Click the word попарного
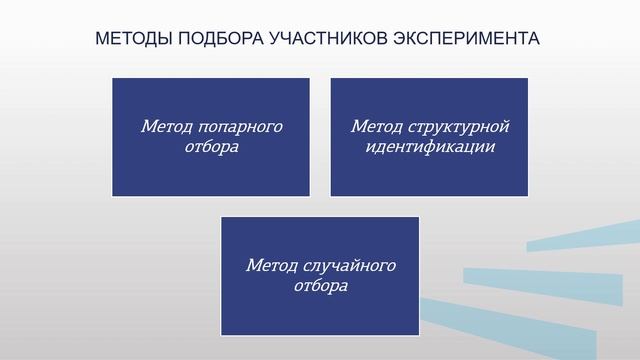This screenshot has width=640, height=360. point(241,127)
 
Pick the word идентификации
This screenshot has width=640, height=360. point(430,146)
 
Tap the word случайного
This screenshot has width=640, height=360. point(347,266)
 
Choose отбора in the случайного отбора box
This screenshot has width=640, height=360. point(321,285)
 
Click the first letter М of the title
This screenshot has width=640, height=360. point(101,39)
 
